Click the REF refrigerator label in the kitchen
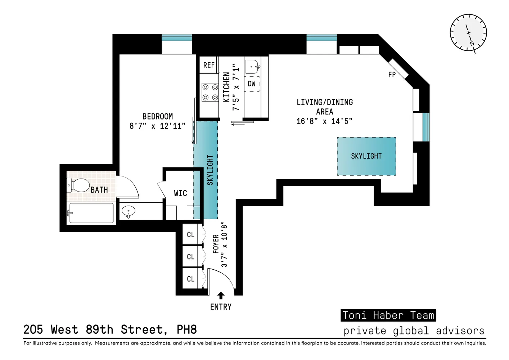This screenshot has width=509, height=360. pyautogui.click(x=209, y=65)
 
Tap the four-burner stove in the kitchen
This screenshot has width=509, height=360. pyautogui.click(x=210, y=92)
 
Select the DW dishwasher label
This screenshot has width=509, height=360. pyautogui.click(x=252, y=84)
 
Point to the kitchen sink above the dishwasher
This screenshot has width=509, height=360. pyautogui.click(x=252, y=67)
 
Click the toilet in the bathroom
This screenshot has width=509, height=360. pyautogui.click(x=78, y=186)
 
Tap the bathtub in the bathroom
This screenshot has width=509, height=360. pyautogui.click(x=91, y=213)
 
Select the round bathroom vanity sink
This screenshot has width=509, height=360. pyautogui.click(x=127, y=212)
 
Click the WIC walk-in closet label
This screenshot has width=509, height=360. pyautogui.click(x=180, y=193)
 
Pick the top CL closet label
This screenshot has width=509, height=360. pyautogui.click(x=190, y=235)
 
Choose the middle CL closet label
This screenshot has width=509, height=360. pyautogui.click(x=190, y=257)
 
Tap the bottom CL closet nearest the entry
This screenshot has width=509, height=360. pyautogui.click(x=190, y=279)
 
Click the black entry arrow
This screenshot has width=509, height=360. pyautogui.click(x=221, y=296)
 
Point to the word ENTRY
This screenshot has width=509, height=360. pyautogui.click(x=221, y=307)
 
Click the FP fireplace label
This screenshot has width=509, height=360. pyautogui.click(x=392, y=75)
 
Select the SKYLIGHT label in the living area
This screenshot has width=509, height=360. pyautogui.click(x=366, y=156)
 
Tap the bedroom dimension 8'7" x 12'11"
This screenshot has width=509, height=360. pyautogui.click(x=157, y=126)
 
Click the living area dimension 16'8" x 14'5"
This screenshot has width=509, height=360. pyautogui.click(x=324, y=121)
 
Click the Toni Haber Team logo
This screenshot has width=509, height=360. pyautogui.click(x=388, y=315)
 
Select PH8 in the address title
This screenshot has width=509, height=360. pyautogui.click(x=186, y=329)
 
